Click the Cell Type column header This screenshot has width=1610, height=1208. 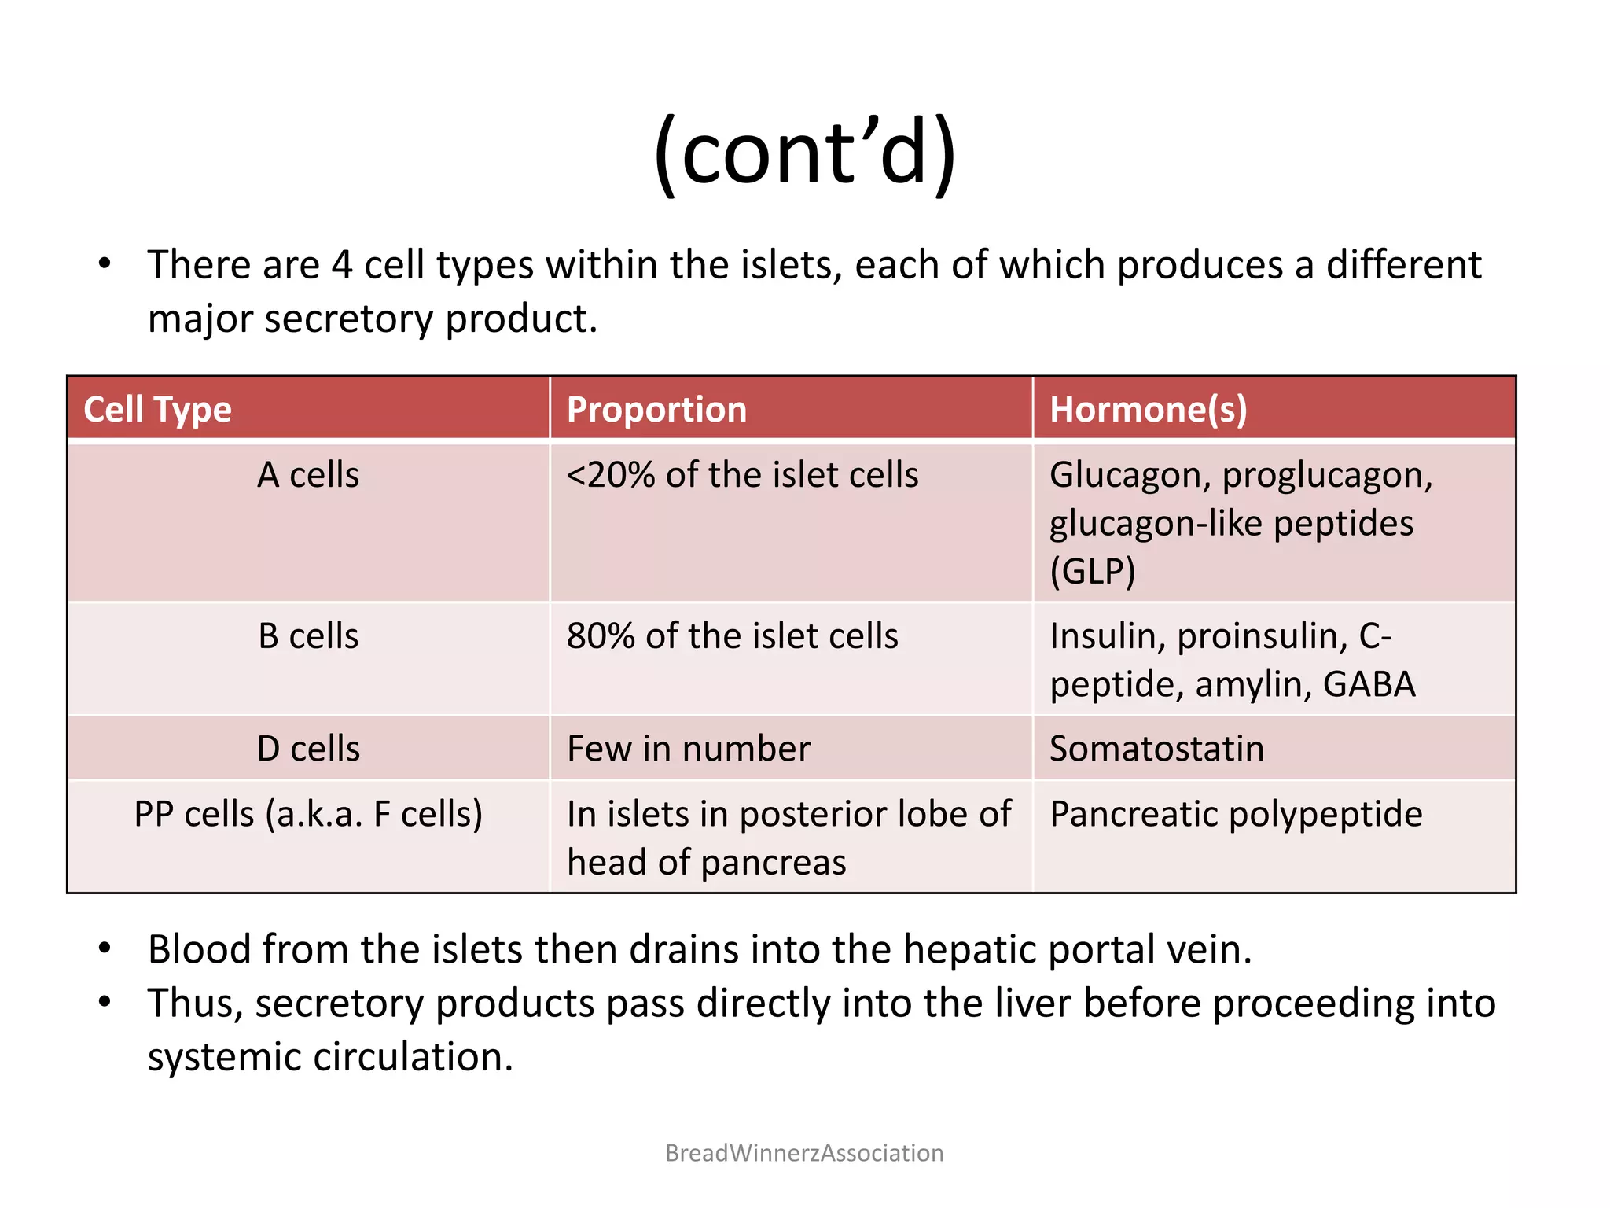coord(157,410)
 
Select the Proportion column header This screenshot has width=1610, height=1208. coord(656,410)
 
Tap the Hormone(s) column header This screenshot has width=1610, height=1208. coord(1148,410)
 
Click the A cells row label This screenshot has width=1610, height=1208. coord(308,475)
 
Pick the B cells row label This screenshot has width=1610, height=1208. coord(308,635)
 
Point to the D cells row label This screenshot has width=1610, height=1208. coord(308,749)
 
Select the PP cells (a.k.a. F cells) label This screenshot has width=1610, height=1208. coord(308,814)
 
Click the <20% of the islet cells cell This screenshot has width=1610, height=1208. coord(742,475)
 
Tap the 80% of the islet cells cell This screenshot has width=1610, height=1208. coord(732,635)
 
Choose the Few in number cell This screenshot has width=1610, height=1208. coord(688,749)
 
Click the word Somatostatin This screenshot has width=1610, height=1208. coord(1156,749)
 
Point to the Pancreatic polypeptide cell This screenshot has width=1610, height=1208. coord(1236,814)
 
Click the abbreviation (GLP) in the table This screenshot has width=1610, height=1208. coord(1093,572)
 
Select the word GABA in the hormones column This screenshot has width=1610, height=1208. coord(1369,684)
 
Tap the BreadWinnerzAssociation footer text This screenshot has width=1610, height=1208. coord(804,1153)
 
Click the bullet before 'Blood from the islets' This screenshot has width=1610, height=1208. coord(105,948)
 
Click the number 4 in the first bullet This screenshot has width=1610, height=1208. coord(342,265)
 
